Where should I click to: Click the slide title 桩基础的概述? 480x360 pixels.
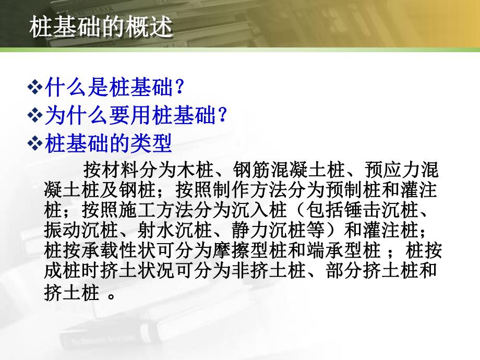pos(101,27)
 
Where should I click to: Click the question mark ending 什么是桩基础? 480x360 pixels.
pos(179,87)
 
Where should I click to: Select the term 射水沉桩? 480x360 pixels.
pos(167,230)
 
